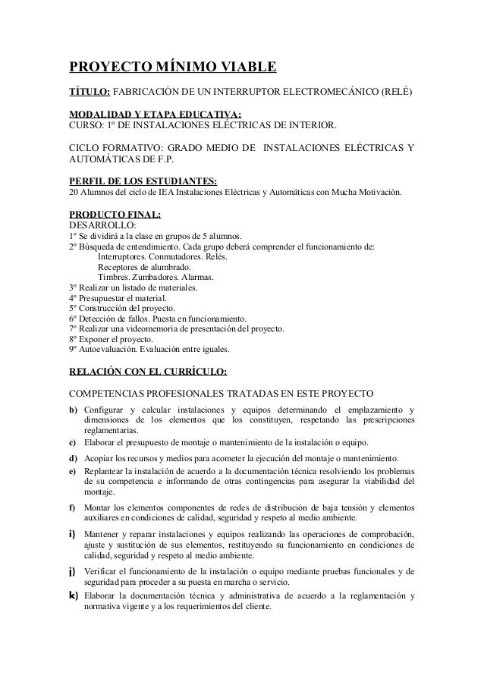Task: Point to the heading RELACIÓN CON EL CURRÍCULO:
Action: (147, 372)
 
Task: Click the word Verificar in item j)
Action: (101, 570)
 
